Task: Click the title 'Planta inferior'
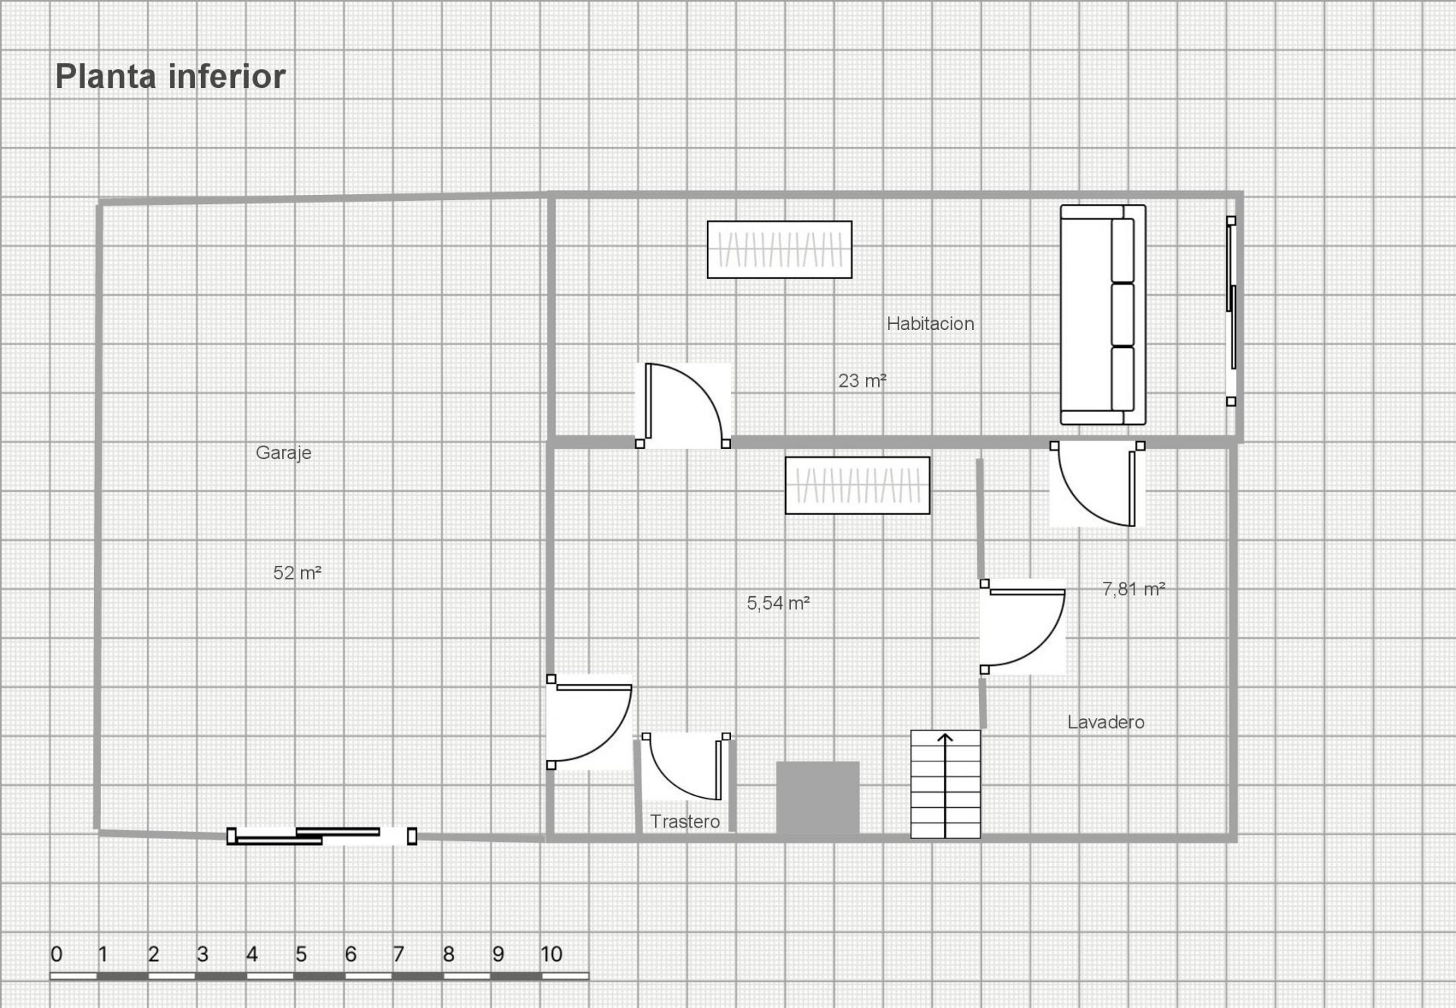pos(170,77)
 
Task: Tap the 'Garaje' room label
pos(284,453)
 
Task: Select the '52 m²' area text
pos(297,573)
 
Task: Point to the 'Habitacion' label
pos(930,324)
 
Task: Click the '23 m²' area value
pos(862,381)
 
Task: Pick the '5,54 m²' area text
pos(778,603)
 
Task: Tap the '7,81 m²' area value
pos(1133,589)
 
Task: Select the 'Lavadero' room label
pos(1106,722)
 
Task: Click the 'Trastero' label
pos(685,821)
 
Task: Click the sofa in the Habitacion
pos(1103,315)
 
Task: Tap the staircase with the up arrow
pos(945,784)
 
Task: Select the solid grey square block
pos(817,798)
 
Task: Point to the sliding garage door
pos(322,836)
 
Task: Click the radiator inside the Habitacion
pos(780,250)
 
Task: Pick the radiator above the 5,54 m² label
pos(857,485)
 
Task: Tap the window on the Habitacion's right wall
pos(1232,311)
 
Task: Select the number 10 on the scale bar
pos(551,954)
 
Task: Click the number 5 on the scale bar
pos(301,954)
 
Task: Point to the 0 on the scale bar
pos(56,954)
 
